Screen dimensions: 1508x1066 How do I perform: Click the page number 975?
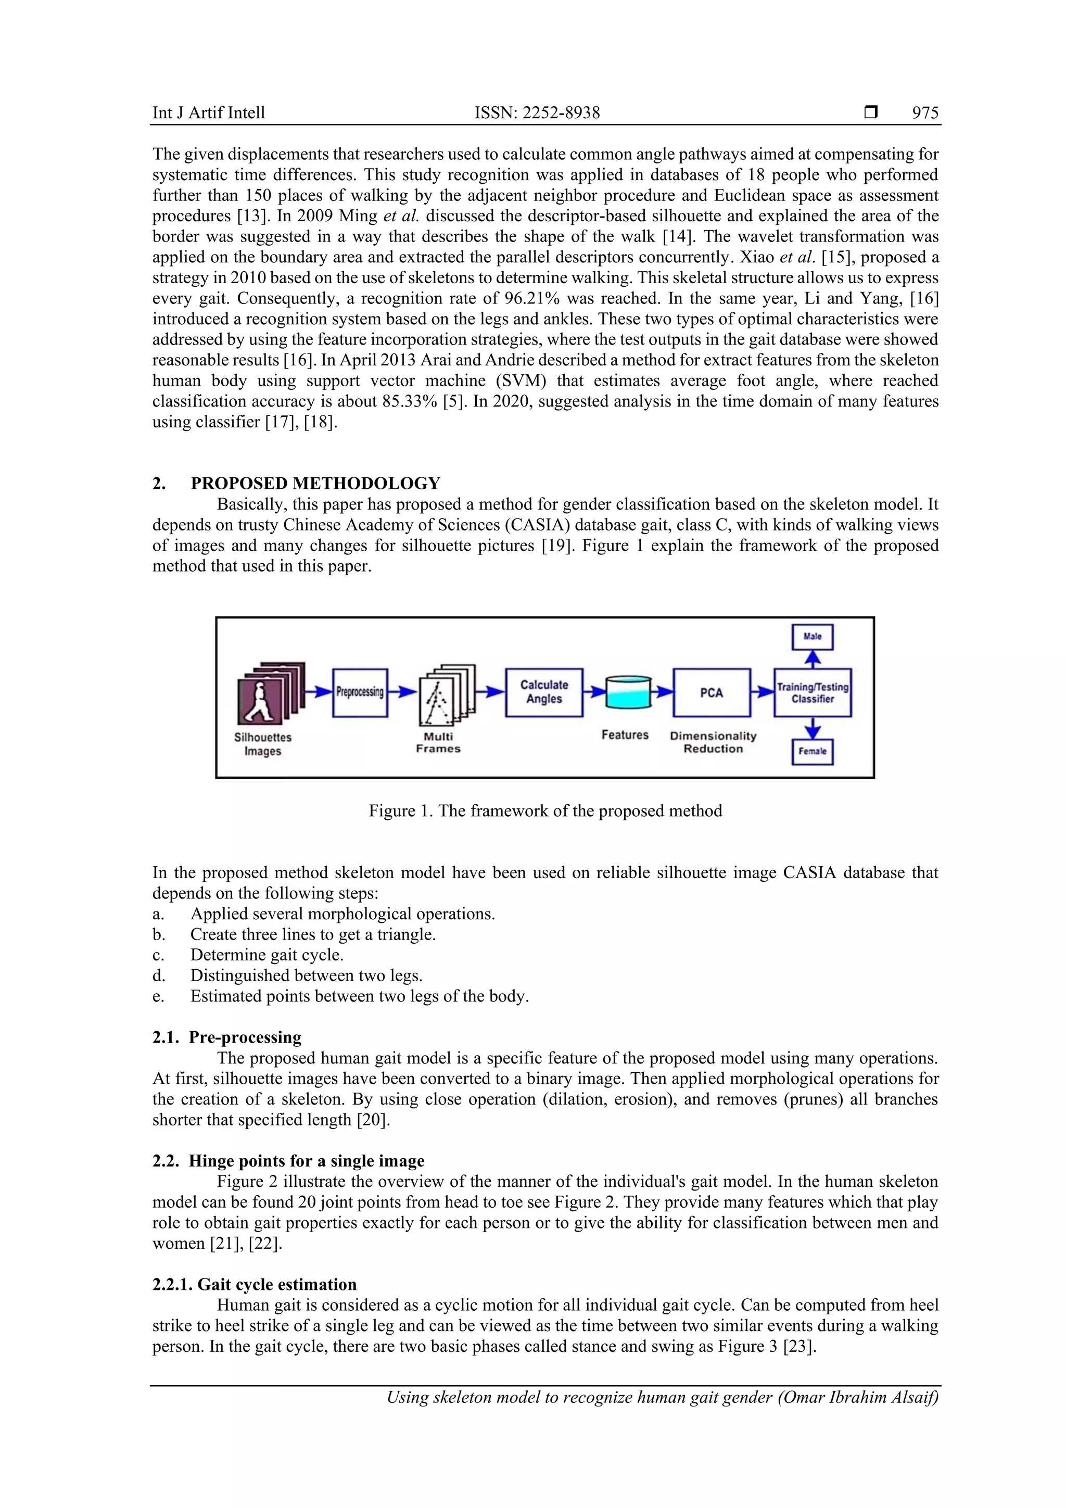point(925,113)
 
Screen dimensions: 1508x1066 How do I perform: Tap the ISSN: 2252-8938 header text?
point(537,113)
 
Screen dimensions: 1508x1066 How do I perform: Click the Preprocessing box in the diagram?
point(360,692)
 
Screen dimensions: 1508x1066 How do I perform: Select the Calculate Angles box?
point(544,692)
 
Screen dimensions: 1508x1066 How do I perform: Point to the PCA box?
point(712,692)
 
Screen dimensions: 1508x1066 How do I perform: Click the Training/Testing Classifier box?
point(813,693)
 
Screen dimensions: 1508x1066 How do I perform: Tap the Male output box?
point(813,637)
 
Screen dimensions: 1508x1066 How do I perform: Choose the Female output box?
point(813,751)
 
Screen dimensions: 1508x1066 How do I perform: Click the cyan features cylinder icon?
point(628,692)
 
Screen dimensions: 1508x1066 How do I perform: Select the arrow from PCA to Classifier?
point(762,692)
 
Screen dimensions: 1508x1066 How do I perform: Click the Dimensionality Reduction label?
point(713,742)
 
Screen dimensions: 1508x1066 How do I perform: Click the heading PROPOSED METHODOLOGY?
point(315,484)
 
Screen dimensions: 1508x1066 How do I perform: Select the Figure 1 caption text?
point(545,810)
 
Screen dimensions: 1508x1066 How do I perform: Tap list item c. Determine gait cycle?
point(266,955)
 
